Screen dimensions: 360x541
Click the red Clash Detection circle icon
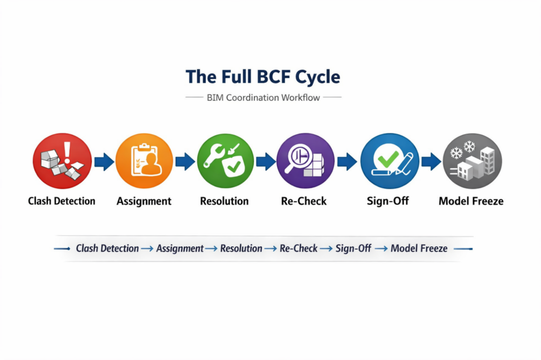click(x=62, y=161)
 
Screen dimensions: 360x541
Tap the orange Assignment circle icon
click(x=144, y=161)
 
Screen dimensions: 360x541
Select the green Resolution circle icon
click(x=225, y=161)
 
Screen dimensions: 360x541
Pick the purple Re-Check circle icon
click(x=306, y=161)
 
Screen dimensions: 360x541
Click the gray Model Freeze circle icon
click(x=471, y=161)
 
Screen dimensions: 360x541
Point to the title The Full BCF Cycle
click(x=263, y=77)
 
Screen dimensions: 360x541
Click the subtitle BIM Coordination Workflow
click(x=263, y=98)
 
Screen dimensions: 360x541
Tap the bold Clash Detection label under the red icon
click(x=62, y=201)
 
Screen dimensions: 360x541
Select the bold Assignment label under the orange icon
click(x=144, y=201)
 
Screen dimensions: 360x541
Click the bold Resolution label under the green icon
click(x=225, y=201)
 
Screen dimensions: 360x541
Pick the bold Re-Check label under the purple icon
click(x=306, y=201)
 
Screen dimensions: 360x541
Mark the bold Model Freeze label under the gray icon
click(x=471, y=201)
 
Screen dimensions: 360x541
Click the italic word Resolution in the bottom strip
click(x=241, y=248)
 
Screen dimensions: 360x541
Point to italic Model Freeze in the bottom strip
click(x=419, y=248)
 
